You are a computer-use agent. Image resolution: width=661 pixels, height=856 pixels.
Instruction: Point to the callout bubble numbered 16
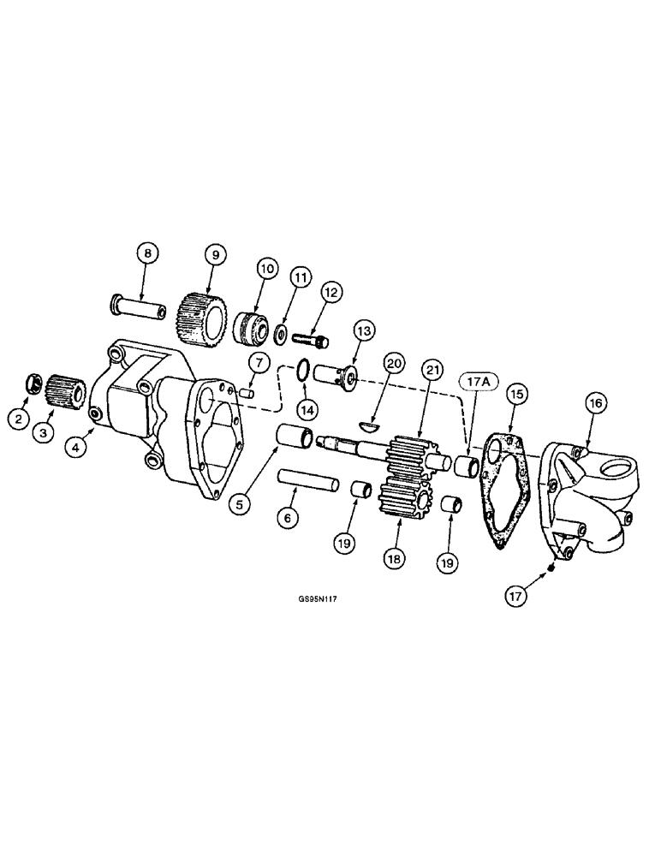point(596,401)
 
